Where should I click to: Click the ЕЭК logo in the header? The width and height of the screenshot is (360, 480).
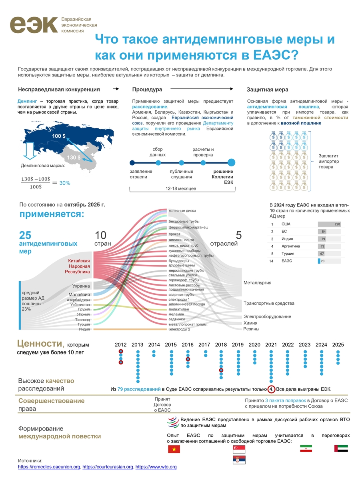[34, 24]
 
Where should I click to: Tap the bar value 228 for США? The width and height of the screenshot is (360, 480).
[337, 224]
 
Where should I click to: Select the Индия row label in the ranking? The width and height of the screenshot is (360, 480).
[287, 239]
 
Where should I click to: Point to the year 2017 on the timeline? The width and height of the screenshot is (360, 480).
[204, 344]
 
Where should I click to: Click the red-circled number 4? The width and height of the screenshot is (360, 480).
[271, 389]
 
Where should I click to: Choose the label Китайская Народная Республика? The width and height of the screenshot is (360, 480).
[79, 266]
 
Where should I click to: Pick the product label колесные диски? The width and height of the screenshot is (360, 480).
[182, 210]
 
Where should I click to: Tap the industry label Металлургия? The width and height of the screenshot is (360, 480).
[257, 283]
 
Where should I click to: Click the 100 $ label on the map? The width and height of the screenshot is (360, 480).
[58, 136]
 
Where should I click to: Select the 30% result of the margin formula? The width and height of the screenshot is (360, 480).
[65, 183]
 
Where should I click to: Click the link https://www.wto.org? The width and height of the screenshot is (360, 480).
[156, 467]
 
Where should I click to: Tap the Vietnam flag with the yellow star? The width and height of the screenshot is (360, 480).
[174, 449]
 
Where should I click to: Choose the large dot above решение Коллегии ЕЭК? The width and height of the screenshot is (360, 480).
[231, 162]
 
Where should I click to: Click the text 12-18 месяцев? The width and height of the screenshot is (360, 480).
[181, 188]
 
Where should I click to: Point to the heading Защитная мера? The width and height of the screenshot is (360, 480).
[267, 90]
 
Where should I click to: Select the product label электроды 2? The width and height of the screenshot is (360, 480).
[179, 329]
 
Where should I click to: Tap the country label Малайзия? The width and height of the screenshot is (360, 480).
[79, 295]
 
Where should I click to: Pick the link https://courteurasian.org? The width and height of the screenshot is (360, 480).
[108, 467]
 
